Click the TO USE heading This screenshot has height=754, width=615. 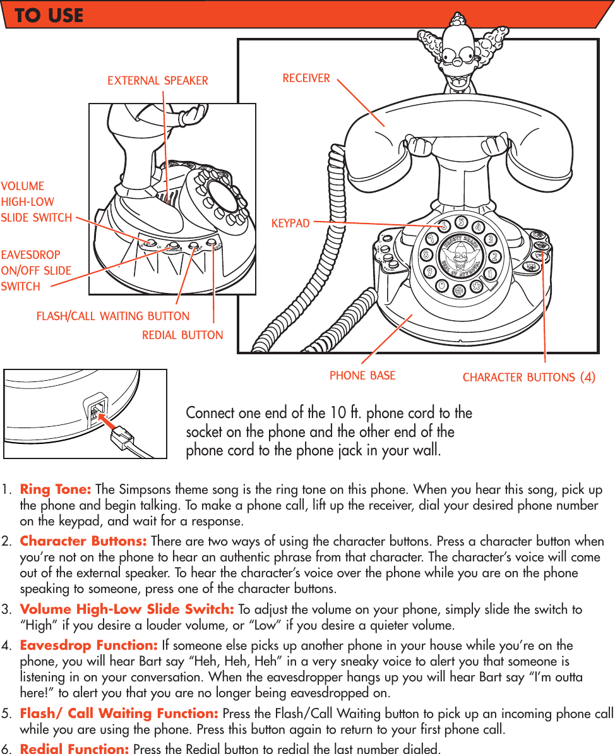coord(49,15)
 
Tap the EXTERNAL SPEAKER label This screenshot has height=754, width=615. coord(157,80)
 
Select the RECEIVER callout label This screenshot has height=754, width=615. coord(306,78)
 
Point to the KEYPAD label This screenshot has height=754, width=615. coord(290,224)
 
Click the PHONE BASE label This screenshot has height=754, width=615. coord(362,376)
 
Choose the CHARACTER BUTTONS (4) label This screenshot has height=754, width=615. coord(529,378)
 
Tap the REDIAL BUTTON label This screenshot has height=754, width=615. coord(182,335)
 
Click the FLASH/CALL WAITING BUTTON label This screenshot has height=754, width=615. coord(113,316)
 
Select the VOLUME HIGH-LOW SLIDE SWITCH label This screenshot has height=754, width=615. coord(36,202)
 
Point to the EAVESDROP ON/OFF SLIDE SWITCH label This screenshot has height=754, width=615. coord(36,270)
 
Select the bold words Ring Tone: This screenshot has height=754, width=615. coord(56,490)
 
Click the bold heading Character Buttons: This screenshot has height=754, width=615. coord(83,542)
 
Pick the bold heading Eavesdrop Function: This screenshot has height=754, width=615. coord(89,645)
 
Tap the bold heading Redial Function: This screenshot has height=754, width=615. coord(75,749)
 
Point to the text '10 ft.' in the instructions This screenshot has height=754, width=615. coord(345,413)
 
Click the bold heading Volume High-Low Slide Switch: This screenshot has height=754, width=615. coord(127,609)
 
